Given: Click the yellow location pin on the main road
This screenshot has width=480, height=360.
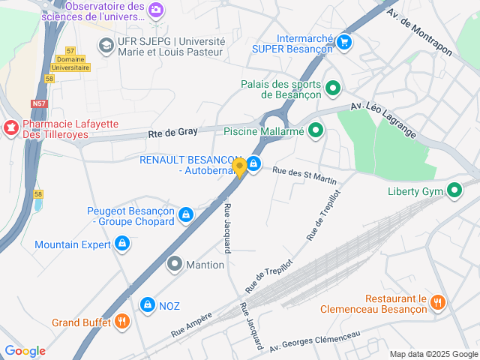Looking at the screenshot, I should tap(239, 166).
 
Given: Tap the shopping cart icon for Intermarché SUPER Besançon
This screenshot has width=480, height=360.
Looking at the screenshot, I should tap(344, 42).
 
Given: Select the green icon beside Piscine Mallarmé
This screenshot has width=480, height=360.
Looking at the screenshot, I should tap(316, 131).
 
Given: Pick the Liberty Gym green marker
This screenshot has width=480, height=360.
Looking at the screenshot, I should tap(454, 190).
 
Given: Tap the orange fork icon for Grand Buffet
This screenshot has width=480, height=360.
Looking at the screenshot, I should tap(122, 322).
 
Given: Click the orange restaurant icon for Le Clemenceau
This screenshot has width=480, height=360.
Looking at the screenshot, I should tap(439, 302).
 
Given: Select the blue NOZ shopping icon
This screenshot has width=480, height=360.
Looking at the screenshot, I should tap(147, 305).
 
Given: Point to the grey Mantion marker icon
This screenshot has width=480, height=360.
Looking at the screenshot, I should tap(174, 264).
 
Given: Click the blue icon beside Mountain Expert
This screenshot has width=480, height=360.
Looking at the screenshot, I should tap(121, 244).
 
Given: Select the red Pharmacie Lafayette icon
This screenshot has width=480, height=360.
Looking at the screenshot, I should tap(11, 128).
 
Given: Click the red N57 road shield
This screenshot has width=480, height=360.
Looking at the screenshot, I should tap(40, 103).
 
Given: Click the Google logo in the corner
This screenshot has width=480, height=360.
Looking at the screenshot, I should tap(25, 351).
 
